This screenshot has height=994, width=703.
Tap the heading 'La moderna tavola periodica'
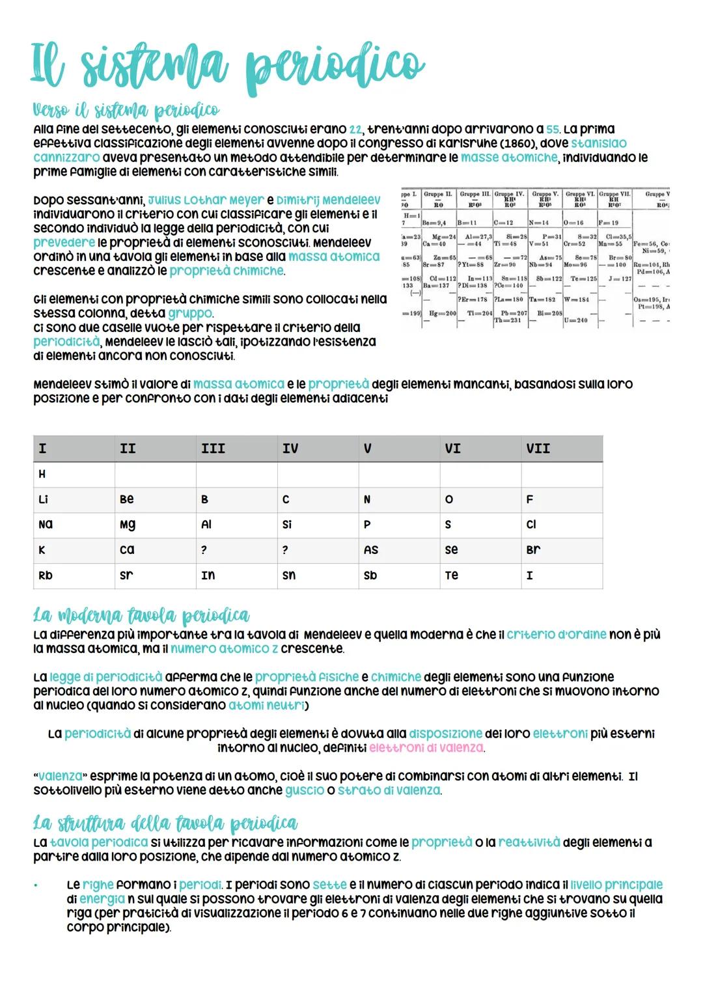(x=141, y=615)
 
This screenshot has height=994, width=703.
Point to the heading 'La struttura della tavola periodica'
(x=165, y=823)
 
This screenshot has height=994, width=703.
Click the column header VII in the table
(x=538, y=449)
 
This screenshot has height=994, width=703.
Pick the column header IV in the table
(x=290, y=449)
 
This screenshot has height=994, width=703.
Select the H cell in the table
(x=42, y=475)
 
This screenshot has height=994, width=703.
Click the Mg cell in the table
(x=127, y=525)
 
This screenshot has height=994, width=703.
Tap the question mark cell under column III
(x=204, y=550)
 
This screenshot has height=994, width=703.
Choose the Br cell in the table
(x=533, y=550)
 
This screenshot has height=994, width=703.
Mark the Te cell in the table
(x=452, y=575)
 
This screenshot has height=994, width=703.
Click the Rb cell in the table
(x=46, y=575)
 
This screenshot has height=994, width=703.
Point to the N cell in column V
(x=367, y=500)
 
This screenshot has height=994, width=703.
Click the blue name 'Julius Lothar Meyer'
(x=206, y=200)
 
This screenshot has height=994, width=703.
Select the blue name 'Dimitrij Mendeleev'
(x=328, y=200)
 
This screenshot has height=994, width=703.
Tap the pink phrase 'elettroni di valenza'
(x=426, y=748)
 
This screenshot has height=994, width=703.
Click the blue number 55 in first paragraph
(x=553, y=130)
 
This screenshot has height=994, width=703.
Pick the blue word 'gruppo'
(x=190, y=313)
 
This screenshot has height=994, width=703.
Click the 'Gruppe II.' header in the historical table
(x=437, y=194)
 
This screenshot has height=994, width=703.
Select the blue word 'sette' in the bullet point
(x=329, y=885)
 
